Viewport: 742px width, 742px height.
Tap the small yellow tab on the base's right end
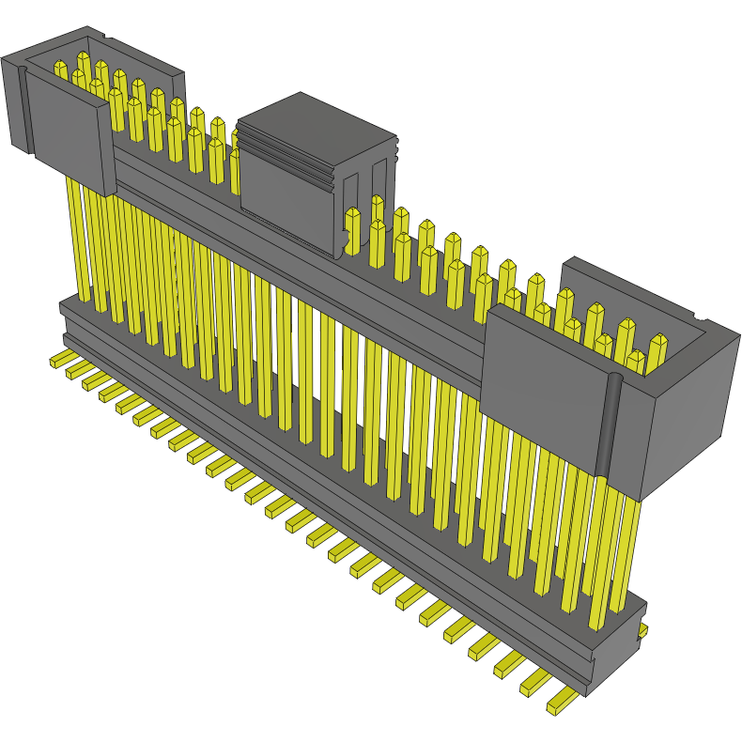point(643,632)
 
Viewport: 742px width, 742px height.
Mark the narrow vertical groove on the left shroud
point(24,108)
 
